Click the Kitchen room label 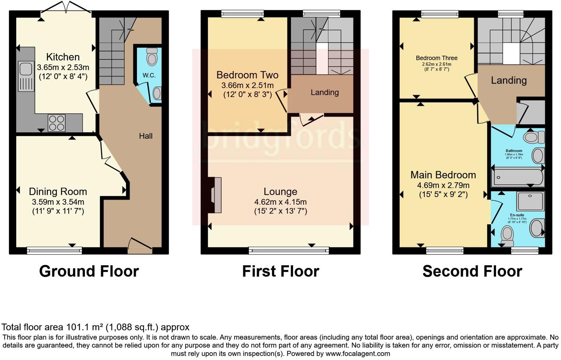pos(63,57)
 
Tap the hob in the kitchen pos(56,123)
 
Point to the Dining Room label pos(58,192)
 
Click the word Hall pos(146,136)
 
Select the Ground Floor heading pos(89,271)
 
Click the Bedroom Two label pos(247,75)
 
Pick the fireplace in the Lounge pos(216,195)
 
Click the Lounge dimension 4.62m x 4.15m pos(280,202)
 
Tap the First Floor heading pos(280,271)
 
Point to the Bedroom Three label pos(437,58)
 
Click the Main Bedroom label pos(443,175)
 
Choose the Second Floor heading pos(472,271)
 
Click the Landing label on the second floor pos(509,80)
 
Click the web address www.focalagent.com pos(358,354)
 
